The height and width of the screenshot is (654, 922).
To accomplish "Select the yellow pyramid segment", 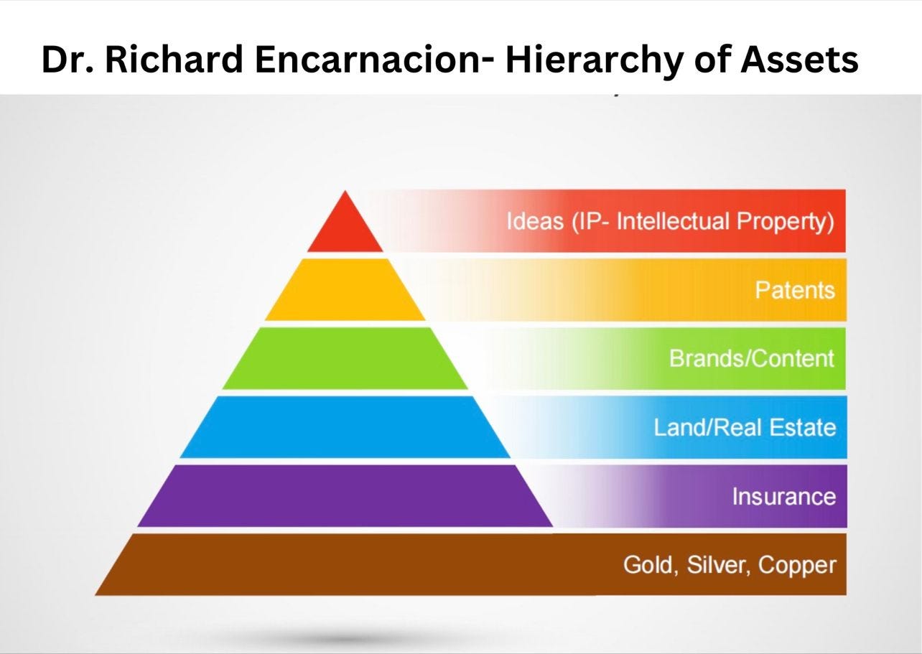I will pos(345,290).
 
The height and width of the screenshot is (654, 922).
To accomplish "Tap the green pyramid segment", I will pos(345,359).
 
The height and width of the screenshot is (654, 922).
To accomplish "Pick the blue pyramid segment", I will pos(345,427).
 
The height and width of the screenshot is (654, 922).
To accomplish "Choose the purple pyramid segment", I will pos(345,496).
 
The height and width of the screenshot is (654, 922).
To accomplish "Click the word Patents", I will pos(795,290).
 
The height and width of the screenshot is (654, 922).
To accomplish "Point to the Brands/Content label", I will pos(752,358).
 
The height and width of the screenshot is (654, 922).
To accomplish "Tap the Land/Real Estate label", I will pos(745,428).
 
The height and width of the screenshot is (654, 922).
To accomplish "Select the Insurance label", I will pos(783,497).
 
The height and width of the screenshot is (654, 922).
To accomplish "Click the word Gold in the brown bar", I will pos(651,565).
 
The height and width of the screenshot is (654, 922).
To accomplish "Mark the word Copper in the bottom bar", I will pos(798,565).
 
